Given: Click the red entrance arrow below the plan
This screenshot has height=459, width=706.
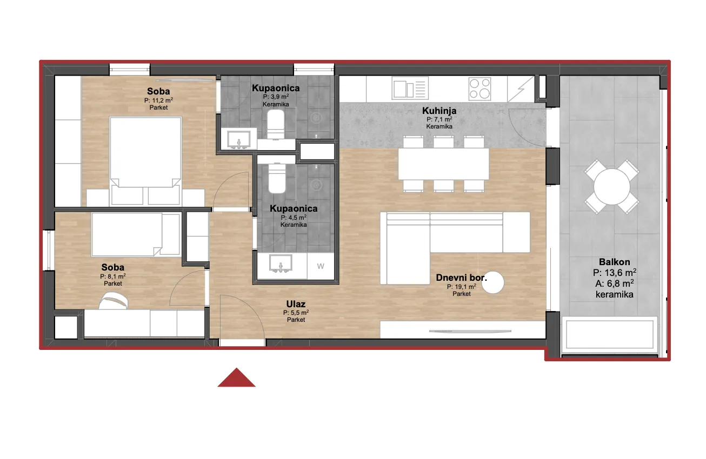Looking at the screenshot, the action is tap(236, 377).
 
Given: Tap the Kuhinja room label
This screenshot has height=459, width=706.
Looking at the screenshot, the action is tap(439, 111).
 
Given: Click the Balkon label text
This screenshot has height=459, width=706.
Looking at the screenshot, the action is tap(614, 262).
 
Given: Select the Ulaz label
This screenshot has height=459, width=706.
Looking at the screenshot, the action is tap(296, 304).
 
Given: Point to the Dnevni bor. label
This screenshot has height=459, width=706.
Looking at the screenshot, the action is tap(461, 278).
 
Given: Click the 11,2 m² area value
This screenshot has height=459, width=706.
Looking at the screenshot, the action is tap(158, 100).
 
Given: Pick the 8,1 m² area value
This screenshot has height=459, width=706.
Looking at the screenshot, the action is tap(113, 276).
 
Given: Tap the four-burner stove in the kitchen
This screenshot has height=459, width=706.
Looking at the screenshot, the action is tap(479, 89).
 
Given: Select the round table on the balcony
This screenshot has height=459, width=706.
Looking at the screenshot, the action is tap(612, 187).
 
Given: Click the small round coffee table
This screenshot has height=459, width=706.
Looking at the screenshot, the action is tap(492, 282).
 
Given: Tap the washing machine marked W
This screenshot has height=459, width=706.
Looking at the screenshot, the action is tap(321, 266).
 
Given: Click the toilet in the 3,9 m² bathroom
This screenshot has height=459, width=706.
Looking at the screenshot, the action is tap(276, 124).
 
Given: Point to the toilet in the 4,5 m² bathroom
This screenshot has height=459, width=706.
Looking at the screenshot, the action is tap(277, 178).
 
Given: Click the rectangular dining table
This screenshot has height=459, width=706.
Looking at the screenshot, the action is tap(443, 164).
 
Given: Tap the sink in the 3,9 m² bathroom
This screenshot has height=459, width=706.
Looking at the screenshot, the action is tap(239, 139).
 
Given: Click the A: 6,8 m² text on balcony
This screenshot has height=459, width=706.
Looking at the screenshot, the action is tap(614, 283).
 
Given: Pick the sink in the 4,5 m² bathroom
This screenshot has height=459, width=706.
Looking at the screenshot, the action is tap(281, 264).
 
